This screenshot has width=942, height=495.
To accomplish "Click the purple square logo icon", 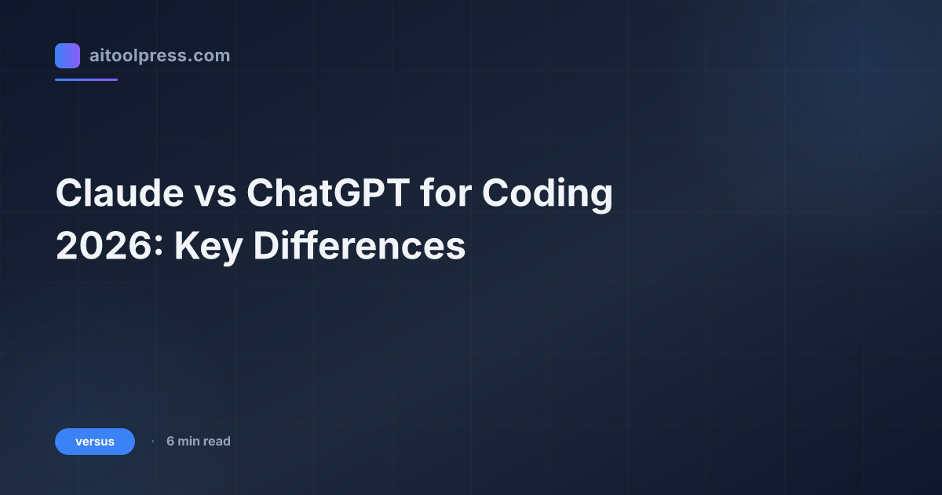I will click(x=68, y=56).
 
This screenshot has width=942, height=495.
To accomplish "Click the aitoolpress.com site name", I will click(x=159, y=56).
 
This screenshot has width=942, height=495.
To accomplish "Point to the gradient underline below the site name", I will click(x=86, y=79).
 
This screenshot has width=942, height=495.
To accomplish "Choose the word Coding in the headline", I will click(x=547, y=195).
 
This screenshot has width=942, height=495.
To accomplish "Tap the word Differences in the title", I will click(x=360, y=247).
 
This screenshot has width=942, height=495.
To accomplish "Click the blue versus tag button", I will click(x=95, y=442).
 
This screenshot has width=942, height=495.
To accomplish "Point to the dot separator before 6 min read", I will click(x=152, y=442).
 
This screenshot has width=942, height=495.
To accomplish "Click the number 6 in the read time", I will click(x=170, y=442).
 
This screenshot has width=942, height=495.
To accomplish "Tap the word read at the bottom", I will click(x=217, y=442).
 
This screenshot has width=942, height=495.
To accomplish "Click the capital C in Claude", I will click(x=69, y=195).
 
